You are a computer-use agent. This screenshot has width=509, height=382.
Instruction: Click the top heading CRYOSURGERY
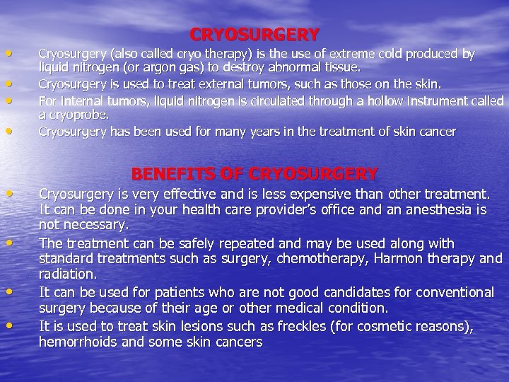point(255,34)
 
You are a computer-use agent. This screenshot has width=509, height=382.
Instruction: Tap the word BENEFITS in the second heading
point(167,173)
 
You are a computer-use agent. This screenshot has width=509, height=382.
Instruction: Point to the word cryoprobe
point(73,115)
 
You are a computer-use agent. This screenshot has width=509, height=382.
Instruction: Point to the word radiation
point(67,274)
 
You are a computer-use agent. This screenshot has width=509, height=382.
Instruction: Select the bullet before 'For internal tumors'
point(8,100)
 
